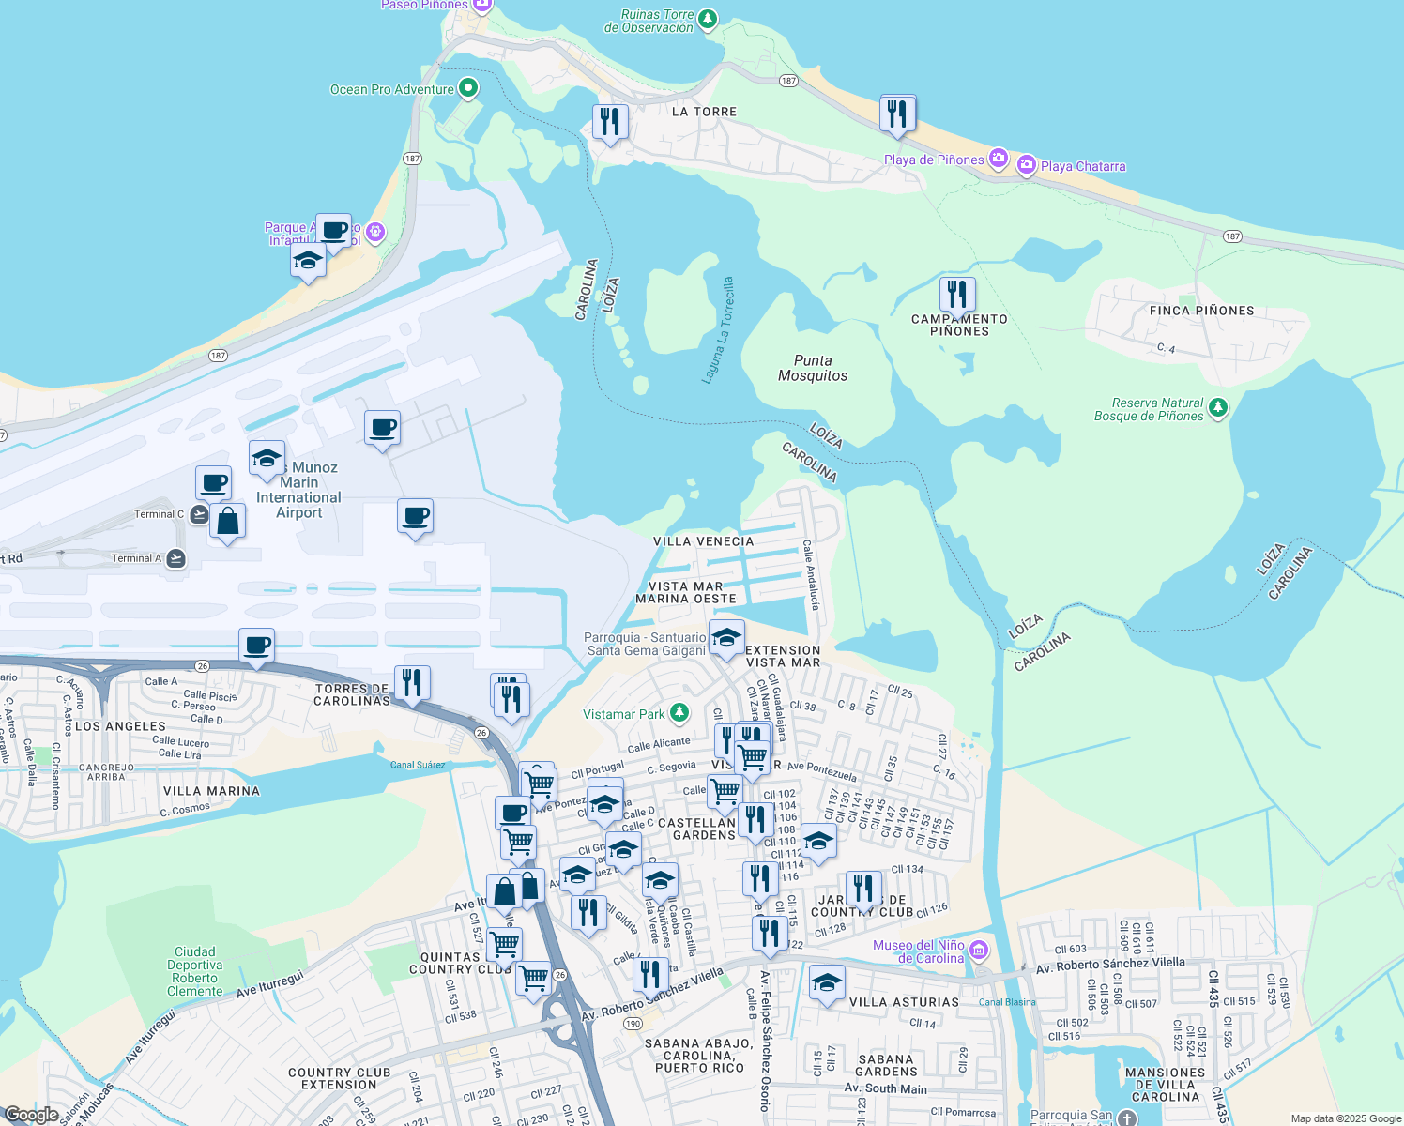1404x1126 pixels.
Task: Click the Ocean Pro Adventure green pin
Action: coord(467,89)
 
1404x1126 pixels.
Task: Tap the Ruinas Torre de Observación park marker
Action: coord(708,19)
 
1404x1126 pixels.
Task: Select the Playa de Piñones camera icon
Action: coord(999,159)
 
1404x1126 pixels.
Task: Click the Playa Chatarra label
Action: coord(1083,166)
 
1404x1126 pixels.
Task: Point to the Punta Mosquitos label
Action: coord(813,368)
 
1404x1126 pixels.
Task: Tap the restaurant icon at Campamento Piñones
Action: coord(956,294)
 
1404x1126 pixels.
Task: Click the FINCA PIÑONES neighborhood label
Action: coord(1201,311)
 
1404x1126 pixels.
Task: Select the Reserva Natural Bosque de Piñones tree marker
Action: coord(1217,407)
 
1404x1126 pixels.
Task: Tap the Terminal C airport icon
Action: coord(199,514)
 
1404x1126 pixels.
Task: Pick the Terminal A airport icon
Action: coord(175,558)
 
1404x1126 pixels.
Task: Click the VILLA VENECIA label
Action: coord(704,541)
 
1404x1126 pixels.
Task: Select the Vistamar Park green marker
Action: coord(679,713)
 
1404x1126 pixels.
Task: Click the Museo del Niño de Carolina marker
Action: coord(979,951)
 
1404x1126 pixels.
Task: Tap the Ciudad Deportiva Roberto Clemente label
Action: coord(195,971)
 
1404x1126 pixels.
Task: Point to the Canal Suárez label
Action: coord(418,765)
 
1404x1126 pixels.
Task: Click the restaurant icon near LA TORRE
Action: coord(610,121)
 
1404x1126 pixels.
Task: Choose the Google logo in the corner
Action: coord(31,1115)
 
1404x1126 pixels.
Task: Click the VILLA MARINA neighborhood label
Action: coord(211,791)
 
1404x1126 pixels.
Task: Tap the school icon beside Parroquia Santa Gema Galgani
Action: coord(725,637)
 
